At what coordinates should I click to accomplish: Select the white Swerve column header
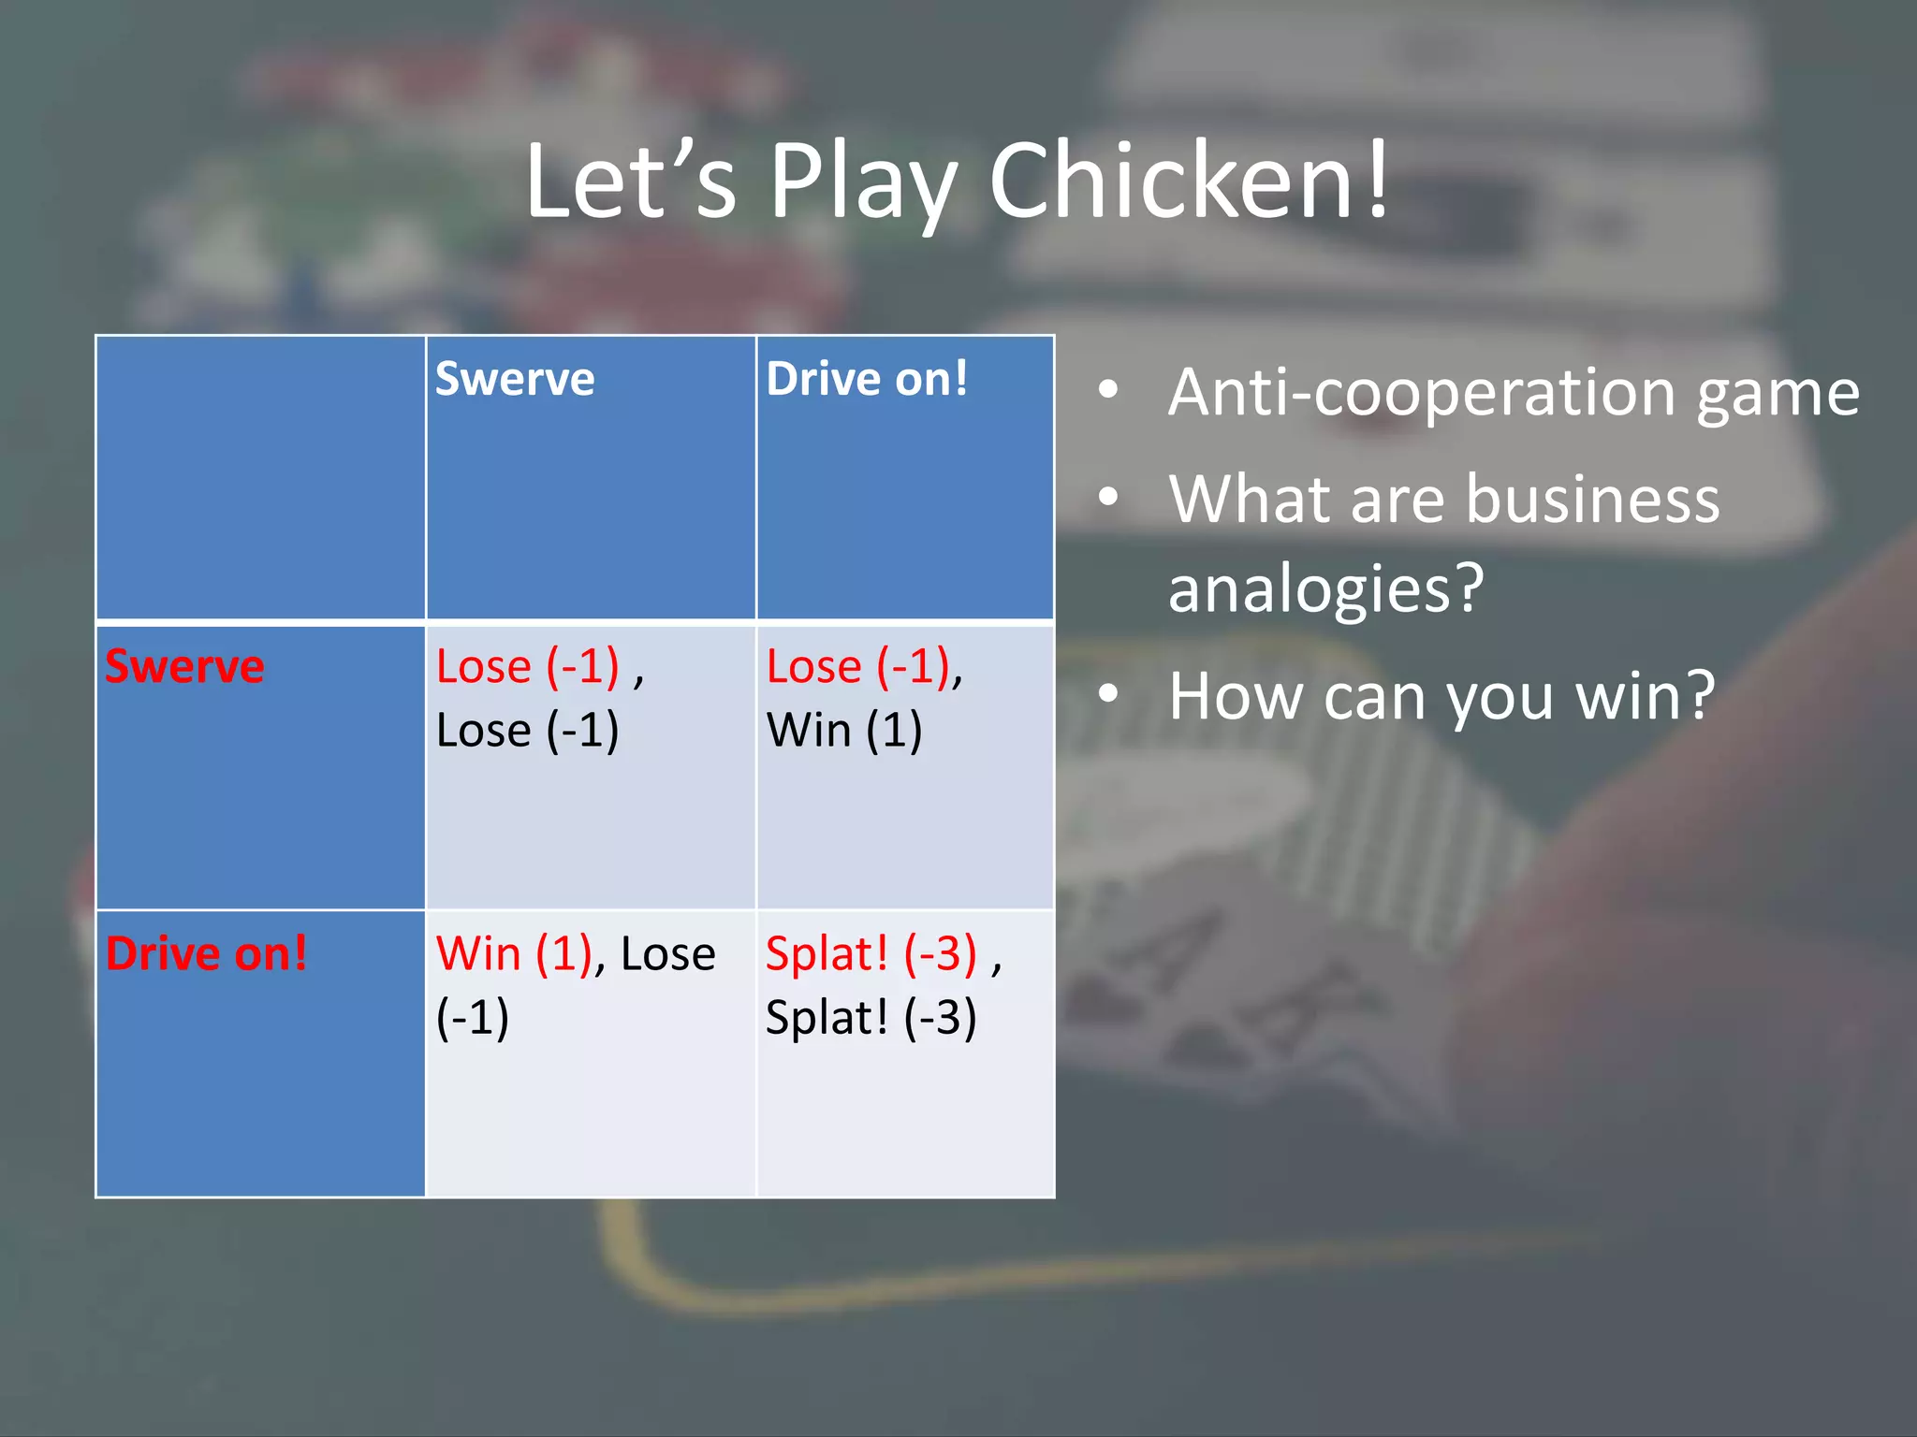(x=515, y=379)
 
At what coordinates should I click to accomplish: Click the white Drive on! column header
(x=867, y=379)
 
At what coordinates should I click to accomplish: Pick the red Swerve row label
(x=184, y=666)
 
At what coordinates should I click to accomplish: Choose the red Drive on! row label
(x=206, y=953)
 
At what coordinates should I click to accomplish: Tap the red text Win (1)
(x=514, y=953)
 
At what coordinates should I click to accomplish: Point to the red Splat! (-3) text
(x=871, y=953)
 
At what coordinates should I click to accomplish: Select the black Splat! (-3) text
(x=871, y=1017)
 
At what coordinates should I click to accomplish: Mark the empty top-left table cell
(x=260, y=477)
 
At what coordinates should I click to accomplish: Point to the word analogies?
(x=1326, y=588)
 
